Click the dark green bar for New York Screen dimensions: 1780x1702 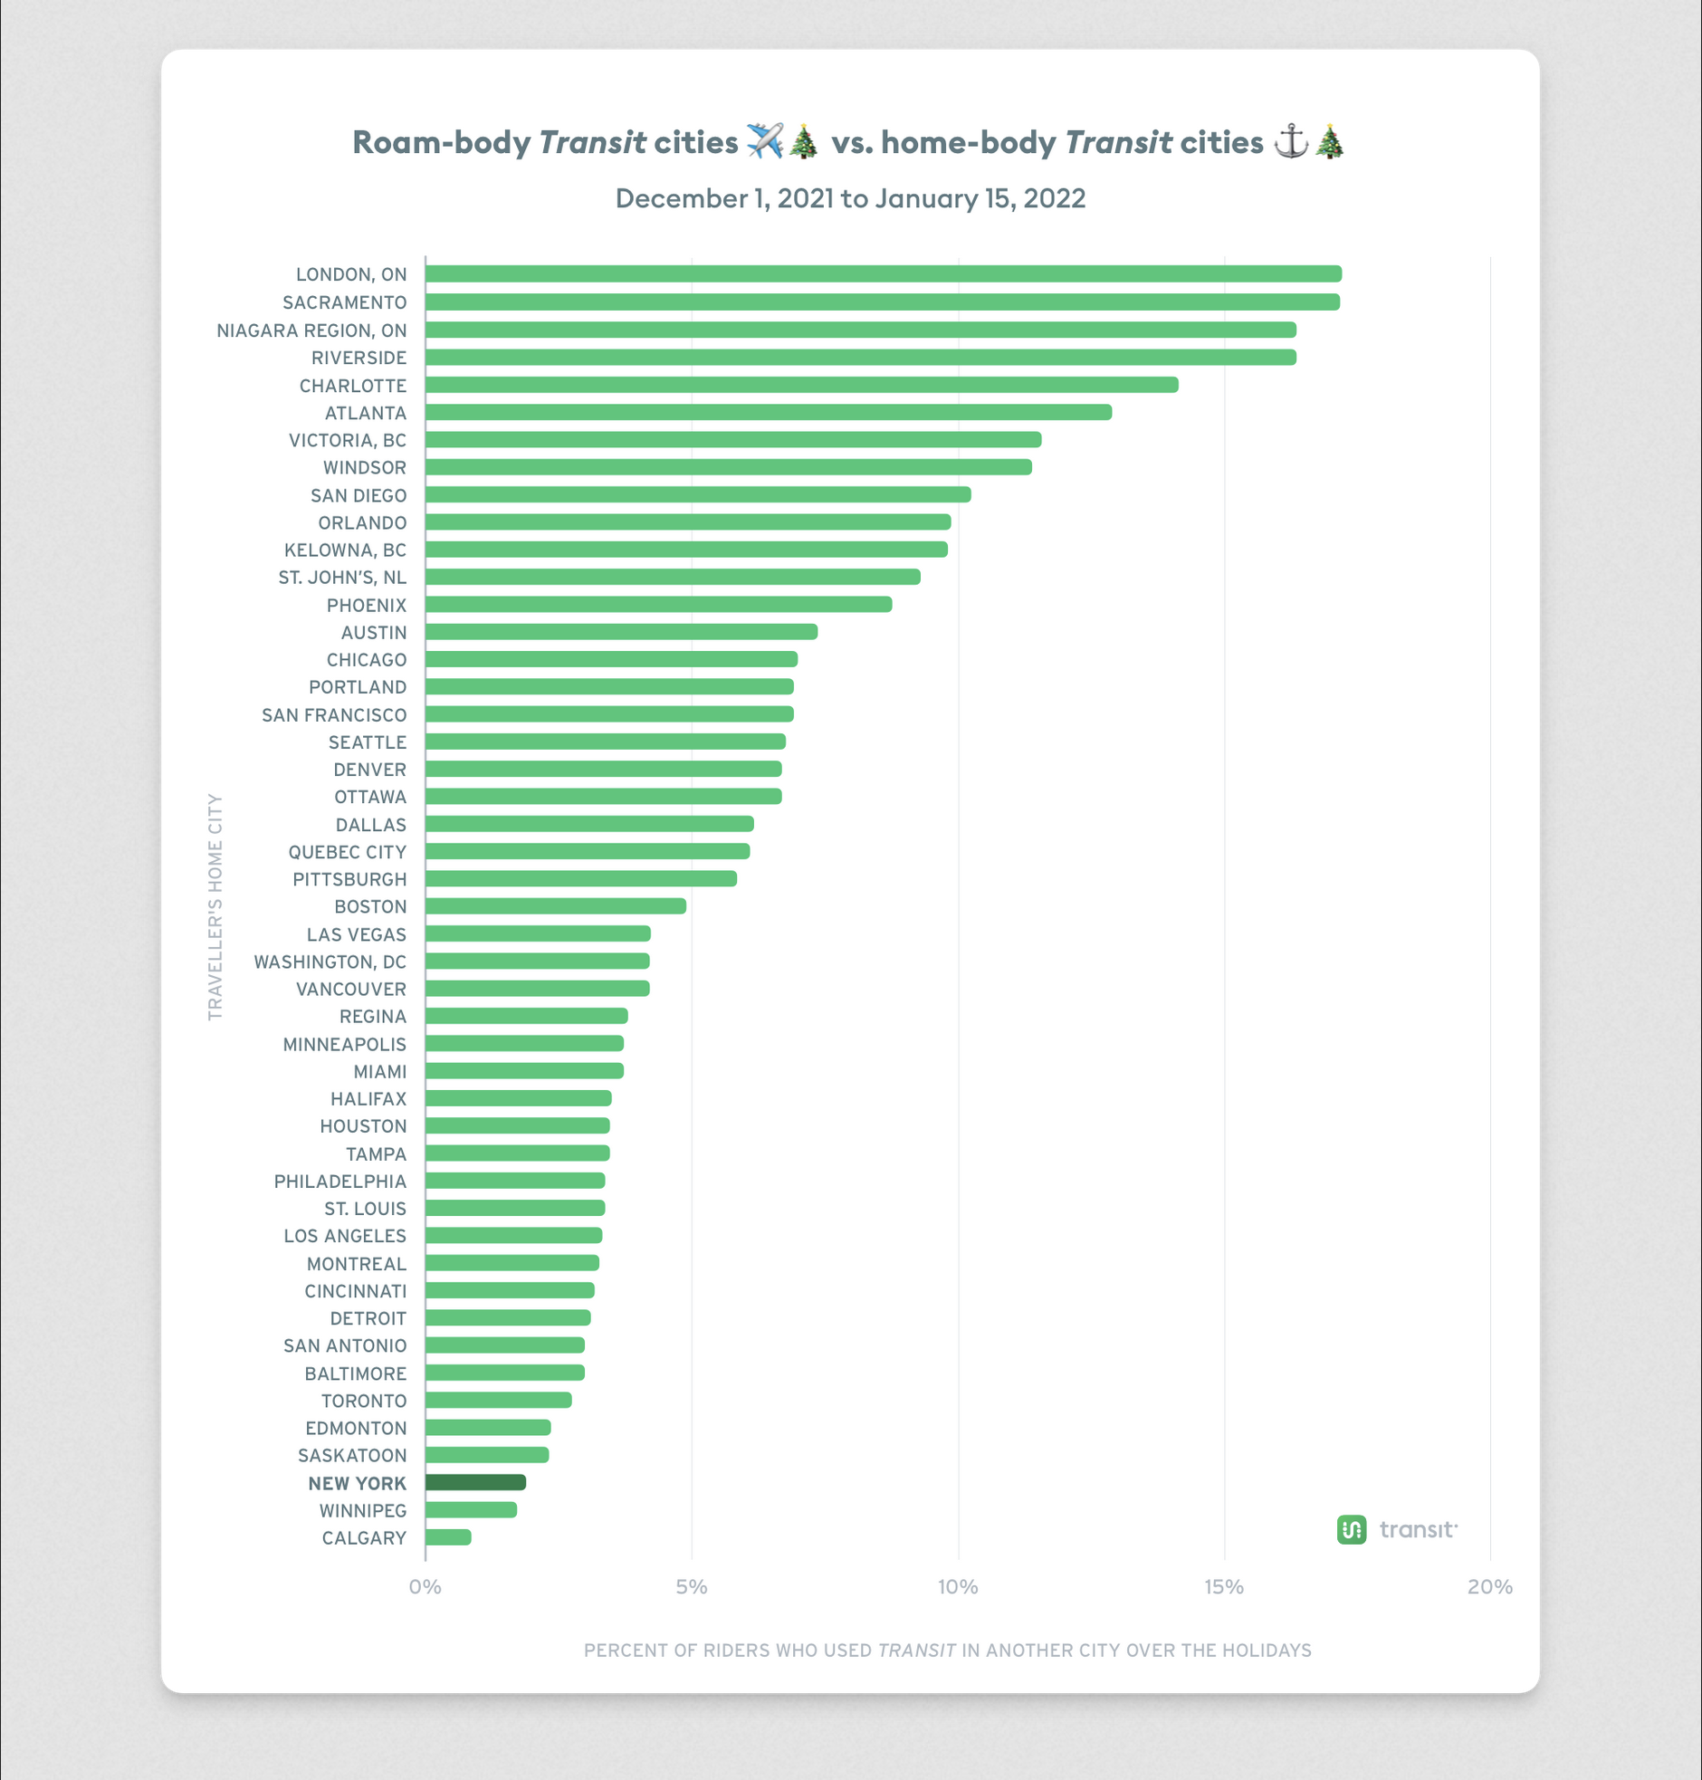tap(475, 1482)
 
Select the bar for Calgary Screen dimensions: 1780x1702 tap(448, 1536)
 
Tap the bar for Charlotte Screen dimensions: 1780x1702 tap(801, 385)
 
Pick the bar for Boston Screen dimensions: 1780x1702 tap(555, 905)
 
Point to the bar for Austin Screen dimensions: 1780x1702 tap(620, 631)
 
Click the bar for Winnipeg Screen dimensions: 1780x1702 tap(471, 1509)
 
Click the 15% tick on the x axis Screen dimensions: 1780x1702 tap(1224, 1587)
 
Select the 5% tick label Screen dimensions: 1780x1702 tap(692, 1587)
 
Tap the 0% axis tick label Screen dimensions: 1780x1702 tap(425, 1587)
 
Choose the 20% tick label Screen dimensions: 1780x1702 tap(1490, 1587)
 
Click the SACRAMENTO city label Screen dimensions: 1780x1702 tap(344, 302)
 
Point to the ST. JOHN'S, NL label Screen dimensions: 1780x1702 tap(342, 577)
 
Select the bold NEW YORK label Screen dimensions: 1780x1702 tap(357, 1483)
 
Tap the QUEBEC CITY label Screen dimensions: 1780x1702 tap(347, 852)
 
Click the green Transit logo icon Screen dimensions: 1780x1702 tap(1352, 1529)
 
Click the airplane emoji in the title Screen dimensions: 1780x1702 tap(765, 141)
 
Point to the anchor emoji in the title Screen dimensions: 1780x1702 tap(1291, 141)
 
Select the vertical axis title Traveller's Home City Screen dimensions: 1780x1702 tap(215, 906)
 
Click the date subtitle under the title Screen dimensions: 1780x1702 tap(850, 198)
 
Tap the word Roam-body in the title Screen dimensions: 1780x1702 tap(441, 142)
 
